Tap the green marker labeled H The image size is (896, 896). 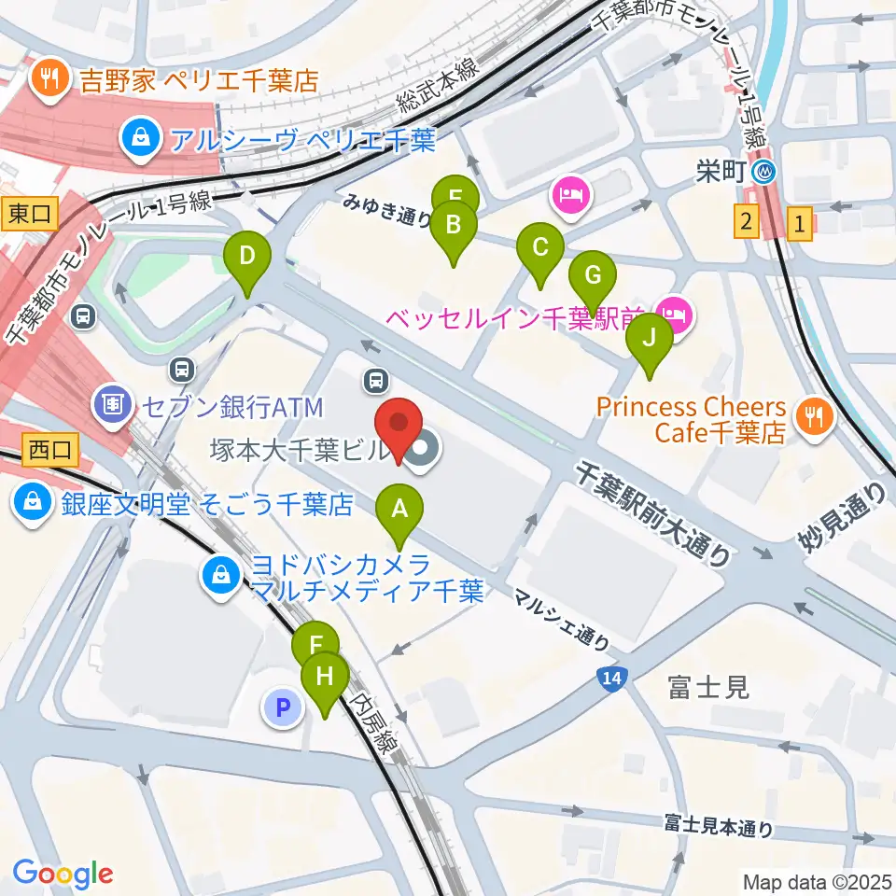(x=325, y=678)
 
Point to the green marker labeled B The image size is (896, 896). (x=454, y=226)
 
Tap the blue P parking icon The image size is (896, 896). (x=284, y=707)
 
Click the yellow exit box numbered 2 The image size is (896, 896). (x=745, y=223)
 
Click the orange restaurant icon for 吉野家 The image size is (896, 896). (x=46, y=77)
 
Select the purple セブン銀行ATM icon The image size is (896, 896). (x=111, y=406)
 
